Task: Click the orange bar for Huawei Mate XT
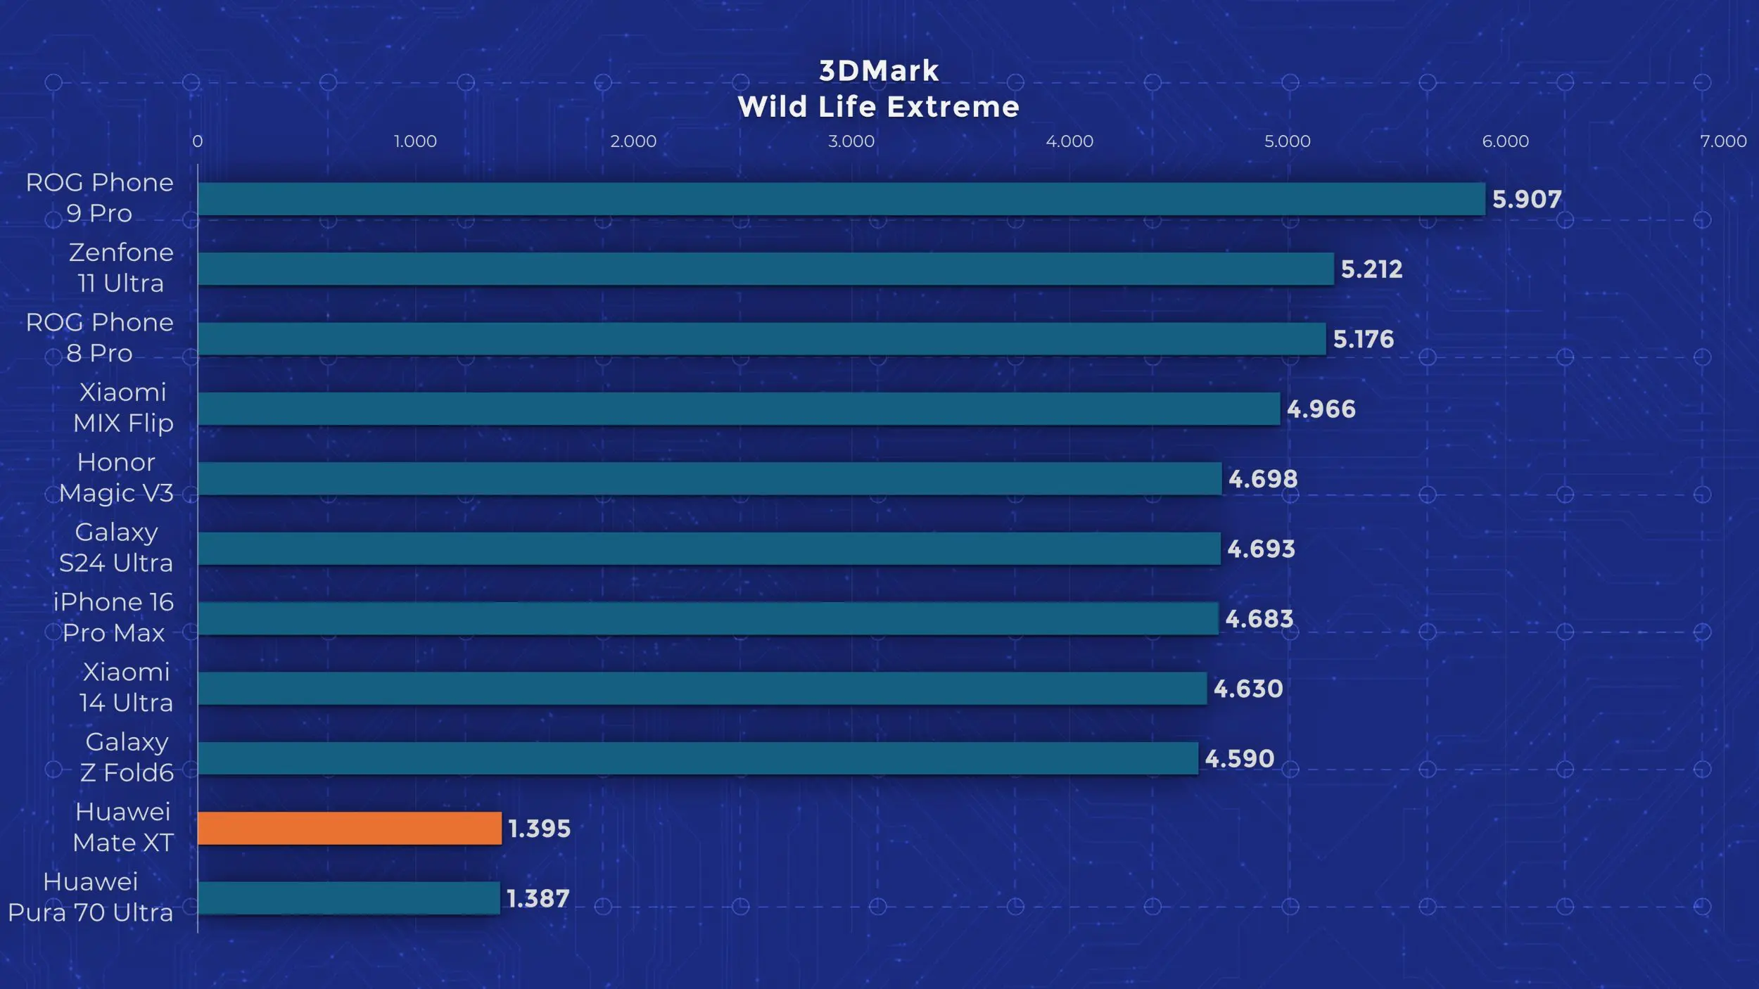pos(350,828)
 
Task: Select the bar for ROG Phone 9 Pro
pos(841,199)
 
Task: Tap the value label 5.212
pos(1371,269)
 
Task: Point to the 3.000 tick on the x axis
pos(851,141)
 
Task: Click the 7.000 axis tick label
pos(1723,141)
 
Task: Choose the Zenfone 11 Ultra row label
pos(121,268)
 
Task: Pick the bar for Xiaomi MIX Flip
pos(739,409)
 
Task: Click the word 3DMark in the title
pos(879,71)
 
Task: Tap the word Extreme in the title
pos(953,108)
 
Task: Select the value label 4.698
pos(1263,479)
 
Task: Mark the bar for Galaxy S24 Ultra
pos(709,549)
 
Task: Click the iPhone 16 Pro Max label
pos(114,618)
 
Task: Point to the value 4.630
pos(1248,689)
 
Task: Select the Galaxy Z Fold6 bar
pos(698,758)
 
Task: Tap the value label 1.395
pos(539,829)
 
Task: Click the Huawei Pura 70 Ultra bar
pos(349,898)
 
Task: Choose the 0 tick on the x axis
pos(198,141)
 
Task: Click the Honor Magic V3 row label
pos(116,478)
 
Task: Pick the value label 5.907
pos(1527,200)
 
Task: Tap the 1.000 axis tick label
pos(415,141)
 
